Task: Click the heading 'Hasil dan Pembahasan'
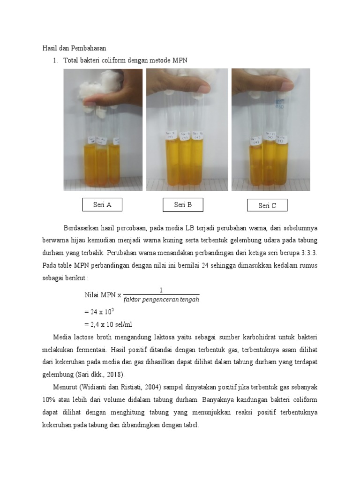tap(75, 48)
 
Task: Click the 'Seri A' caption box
tap(102, 205)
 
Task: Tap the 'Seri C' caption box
tap(267, 205)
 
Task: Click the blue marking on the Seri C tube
tap(281, 104)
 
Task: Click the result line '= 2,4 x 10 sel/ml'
tap(112, 324)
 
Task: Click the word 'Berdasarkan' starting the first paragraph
tap(80, 228)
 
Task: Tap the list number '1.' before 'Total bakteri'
tap(55, 60)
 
